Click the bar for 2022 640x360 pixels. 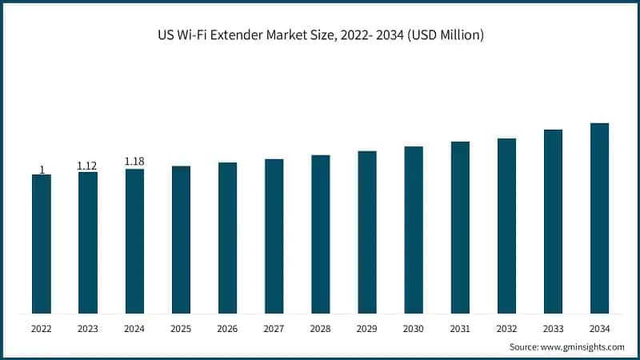pos(42,243)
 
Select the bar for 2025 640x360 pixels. pos(181,239)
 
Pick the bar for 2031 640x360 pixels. pos(460,227)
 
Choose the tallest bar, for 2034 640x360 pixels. pos(599,218)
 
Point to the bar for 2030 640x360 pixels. pos(414,230)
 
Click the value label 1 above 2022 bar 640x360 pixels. pos(42,170)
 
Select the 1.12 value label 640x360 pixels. pos(87,166)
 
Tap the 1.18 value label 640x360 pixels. pos(134,162)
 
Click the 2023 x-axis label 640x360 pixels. pos(87,328)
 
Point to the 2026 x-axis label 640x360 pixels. pos(227,328)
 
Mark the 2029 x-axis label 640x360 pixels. pos(367,328)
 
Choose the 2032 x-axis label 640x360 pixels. pos(506,328)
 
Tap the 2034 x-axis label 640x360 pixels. pos(599,328)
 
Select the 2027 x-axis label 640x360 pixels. pos(274,328)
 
